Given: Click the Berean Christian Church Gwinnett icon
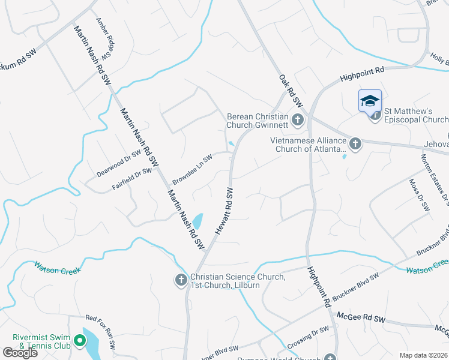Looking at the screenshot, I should pyautogui.click(x=297, y=121).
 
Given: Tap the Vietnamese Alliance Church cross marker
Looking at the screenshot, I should pyautogui.click(x=355, y=143).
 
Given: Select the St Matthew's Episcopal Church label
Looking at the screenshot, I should pyautogui.click(x=417, y=115).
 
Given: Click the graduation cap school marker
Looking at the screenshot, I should pyautogui.click(x=370, y=100).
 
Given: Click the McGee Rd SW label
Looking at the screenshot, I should pyautogui.click(x=360, y=318).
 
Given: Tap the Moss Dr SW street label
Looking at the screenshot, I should pyautogui.click(x=419, y=195).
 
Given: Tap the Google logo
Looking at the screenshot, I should pyautogui.click(x=20, y=353).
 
